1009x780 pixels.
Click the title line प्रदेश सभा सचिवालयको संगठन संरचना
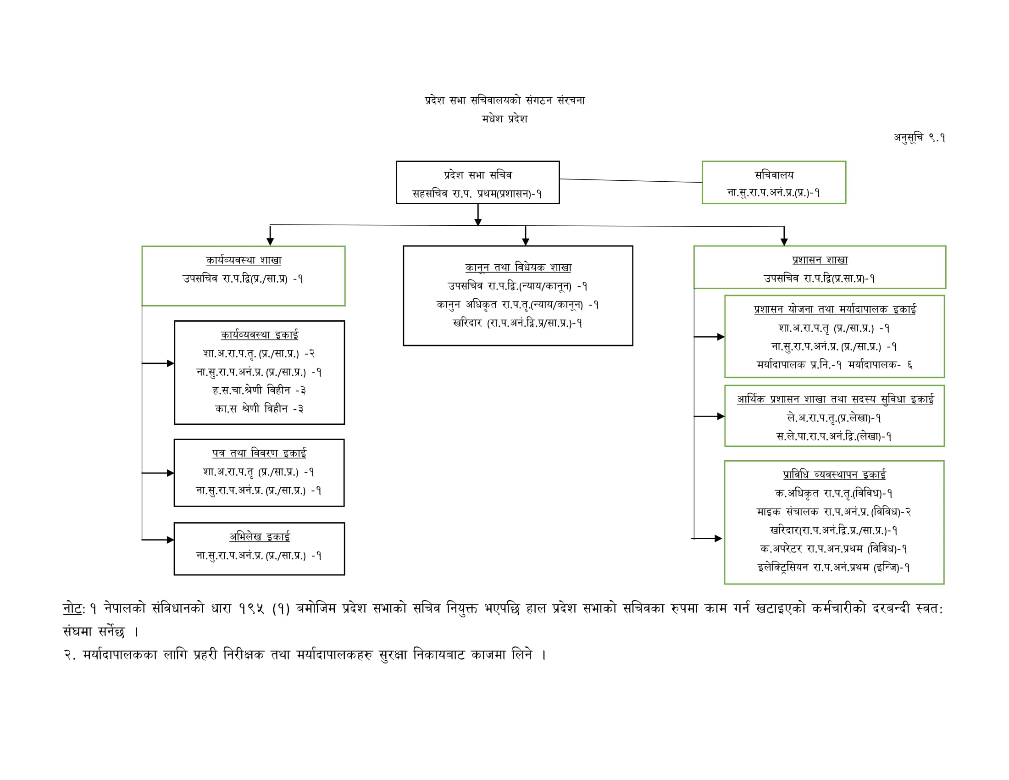click(504, 100)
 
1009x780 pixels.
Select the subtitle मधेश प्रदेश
click(504, 119)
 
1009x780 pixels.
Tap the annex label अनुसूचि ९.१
click(919, 138)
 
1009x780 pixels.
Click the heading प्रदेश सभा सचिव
click(478, 175)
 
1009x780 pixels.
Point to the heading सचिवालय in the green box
click(774, 175)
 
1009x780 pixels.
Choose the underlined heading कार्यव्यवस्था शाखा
click(244, 260)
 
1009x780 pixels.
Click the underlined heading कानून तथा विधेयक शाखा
click(518, 267)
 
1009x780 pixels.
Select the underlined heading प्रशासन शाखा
click(820, 260)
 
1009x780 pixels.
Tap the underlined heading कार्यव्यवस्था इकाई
click(259, 334)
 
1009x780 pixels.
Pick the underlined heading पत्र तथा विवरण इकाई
click(259, 453)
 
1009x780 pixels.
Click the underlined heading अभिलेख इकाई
click(259, 536)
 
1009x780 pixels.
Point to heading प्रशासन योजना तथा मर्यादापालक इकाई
click(834, 309)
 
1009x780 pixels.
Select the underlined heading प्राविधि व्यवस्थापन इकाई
click(834, 474)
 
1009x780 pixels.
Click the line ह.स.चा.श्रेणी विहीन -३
click(259, 390)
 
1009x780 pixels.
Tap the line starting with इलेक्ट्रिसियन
click(833, 568)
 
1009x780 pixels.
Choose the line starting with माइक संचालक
click(833, 512)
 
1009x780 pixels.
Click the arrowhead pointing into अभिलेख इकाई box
click(171, 540)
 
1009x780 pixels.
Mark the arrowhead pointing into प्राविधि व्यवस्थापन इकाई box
click(718, 538)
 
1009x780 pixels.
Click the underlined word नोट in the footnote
click(72, 608)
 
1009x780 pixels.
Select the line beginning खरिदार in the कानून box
click(517, 323)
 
